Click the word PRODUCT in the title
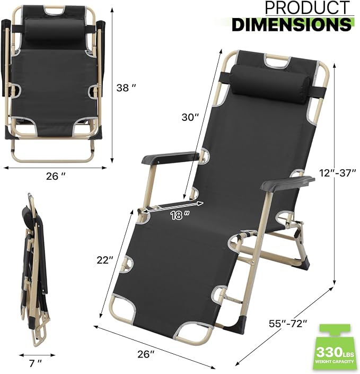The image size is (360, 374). [x=308, y=8]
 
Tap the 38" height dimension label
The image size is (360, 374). [x=126, y=88]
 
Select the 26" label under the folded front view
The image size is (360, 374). [x=56, y=176]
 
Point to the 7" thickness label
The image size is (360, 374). [x=36, y=364]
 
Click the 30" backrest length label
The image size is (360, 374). [x=190, y=117]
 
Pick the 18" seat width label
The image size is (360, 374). [x=180, y=215]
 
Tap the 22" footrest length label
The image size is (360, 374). [x=104, y=260]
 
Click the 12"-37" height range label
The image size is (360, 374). [x=338, y=173]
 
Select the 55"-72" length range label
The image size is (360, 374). [x=288, y=324]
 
